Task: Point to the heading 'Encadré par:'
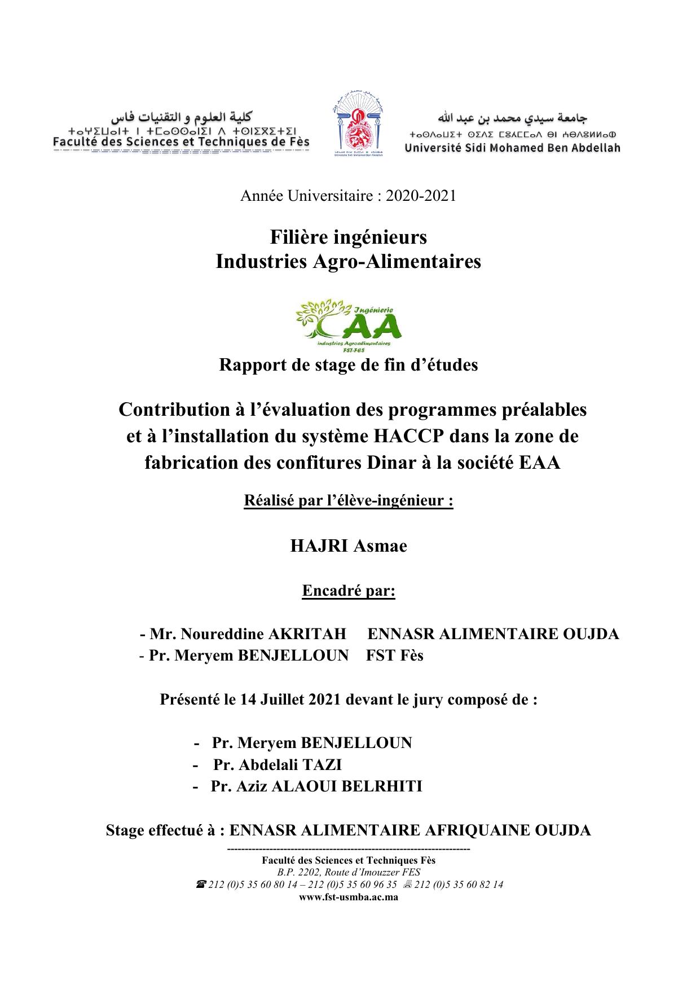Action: tap(349, 591)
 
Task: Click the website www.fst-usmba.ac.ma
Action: tap(349, 896)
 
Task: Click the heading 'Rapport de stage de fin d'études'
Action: tap(349, 365)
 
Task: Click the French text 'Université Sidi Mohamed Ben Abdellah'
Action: tap(512, 148)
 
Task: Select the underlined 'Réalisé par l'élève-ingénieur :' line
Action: tap(349, 500)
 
